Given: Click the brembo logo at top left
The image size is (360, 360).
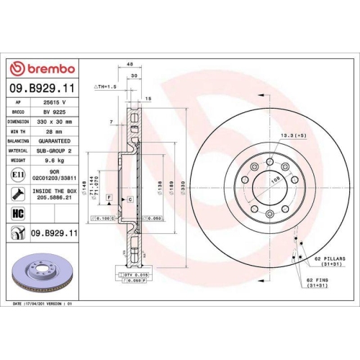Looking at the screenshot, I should pos(42,68).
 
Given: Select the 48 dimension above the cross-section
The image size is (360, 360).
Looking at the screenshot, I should pos(130,65).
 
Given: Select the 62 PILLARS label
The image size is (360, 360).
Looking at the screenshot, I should pos(329,258).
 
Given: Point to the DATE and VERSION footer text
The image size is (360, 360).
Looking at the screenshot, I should pos(43,304).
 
